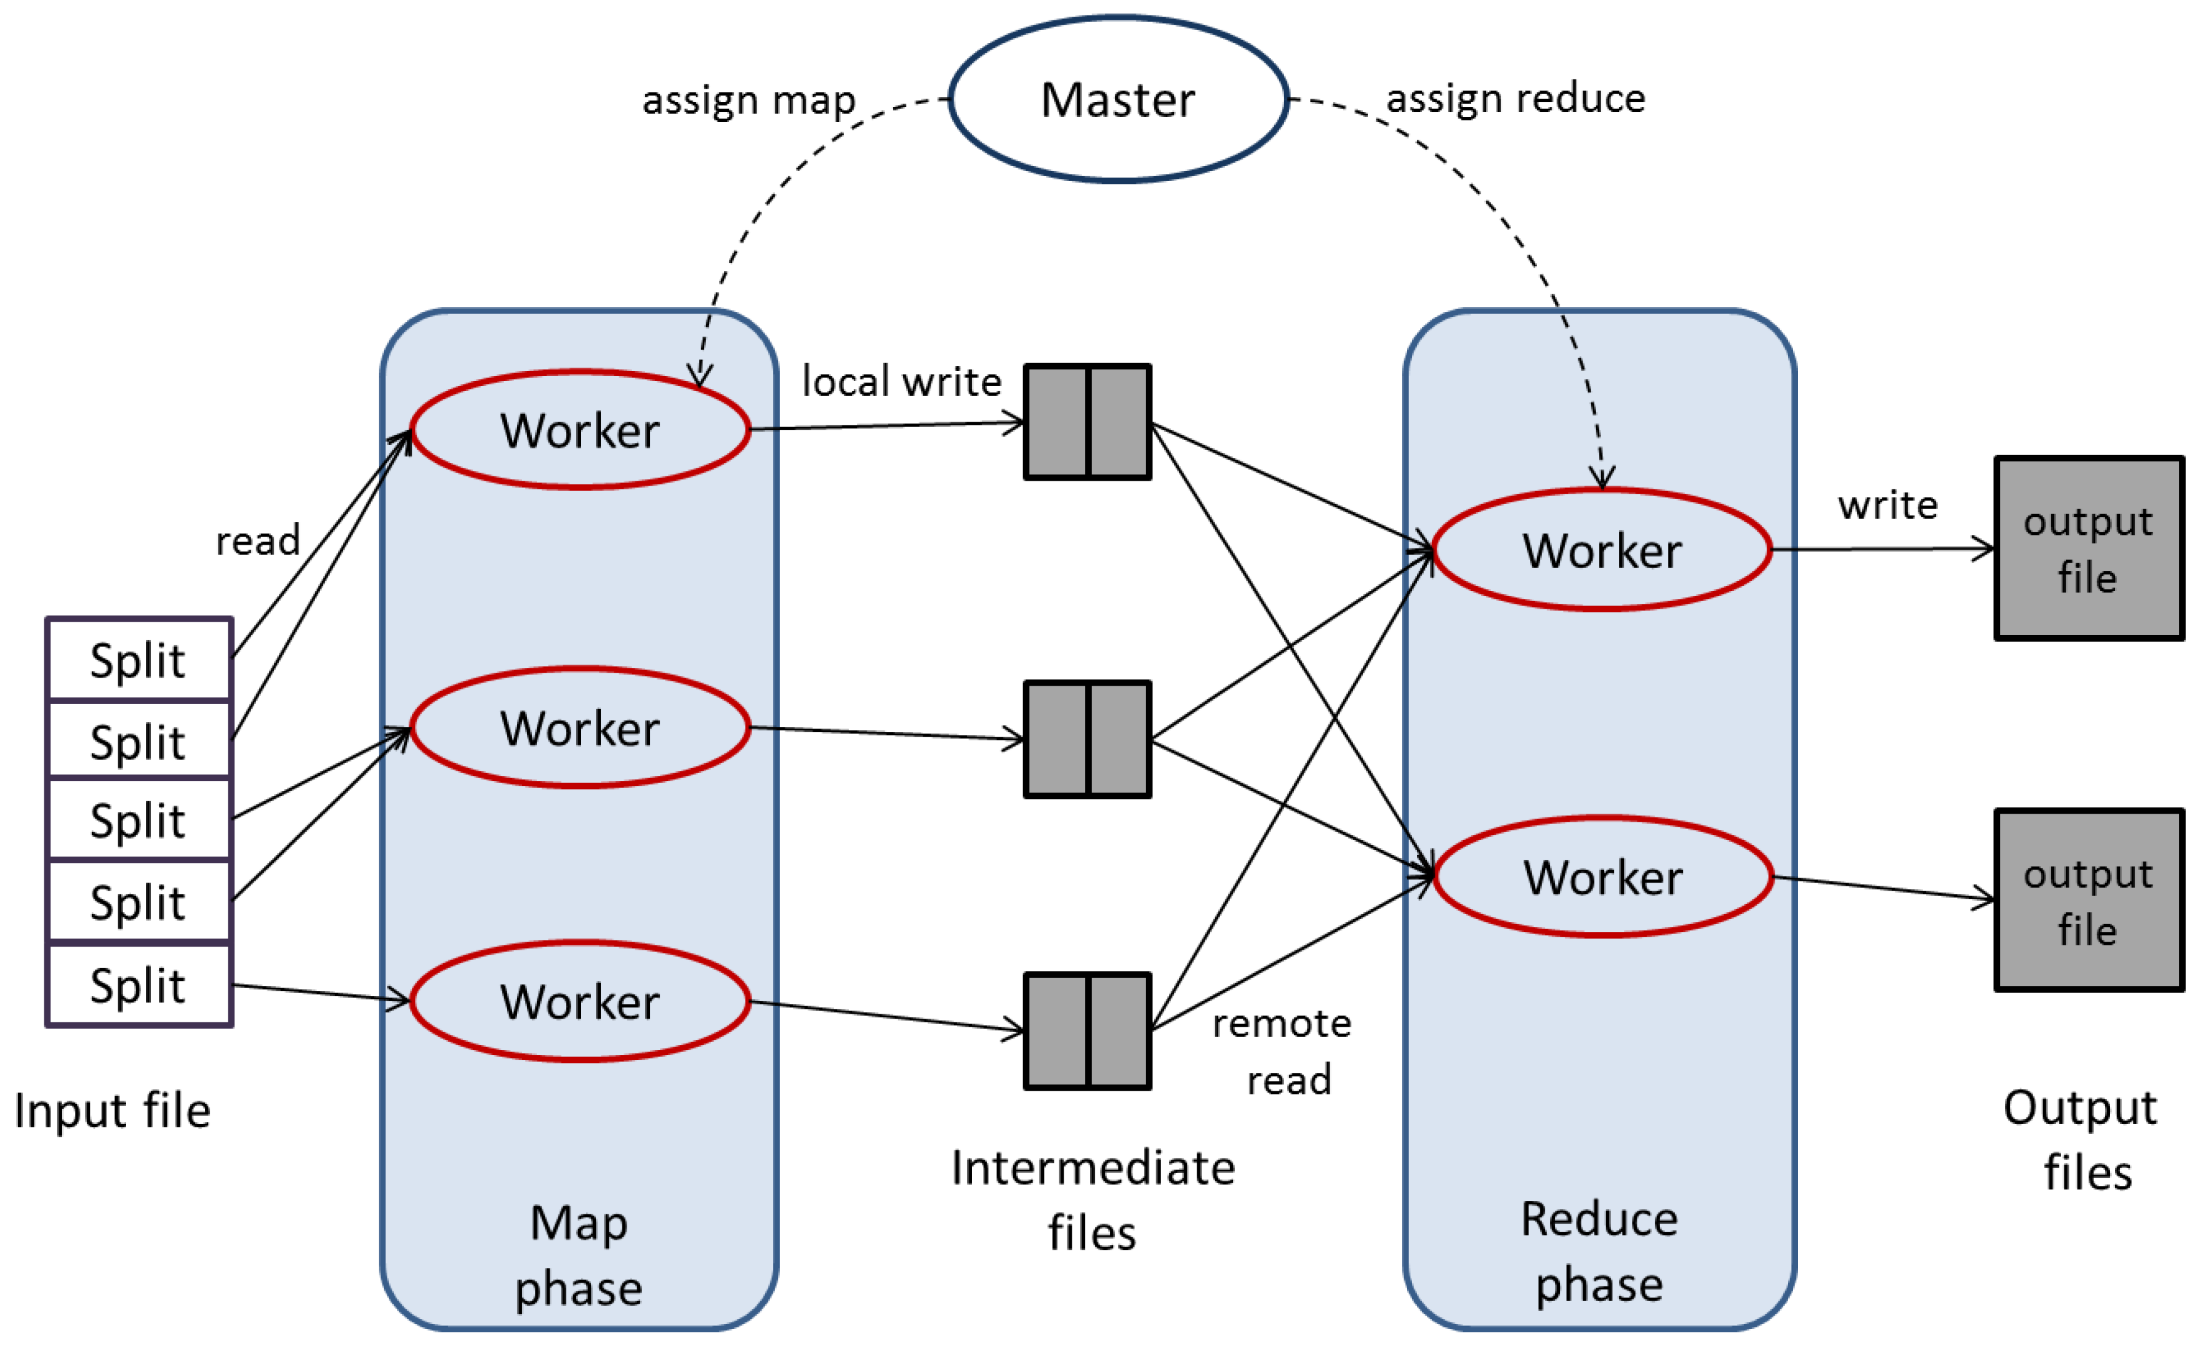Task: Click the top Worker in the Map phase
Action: click(x=579, y=430)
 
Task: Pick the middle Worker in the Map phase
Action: click(x=579, y=728)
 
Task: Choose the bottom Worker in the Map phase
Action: click(x=579, y=1001)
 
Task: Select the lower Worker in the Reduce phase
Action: click(x=1602, y=876)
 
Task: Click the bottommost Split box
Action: click(x=139, y=985)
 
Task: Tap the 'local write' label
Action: click(x=901, y=382)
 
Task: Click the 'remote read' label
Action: click(x=1282, y=1051)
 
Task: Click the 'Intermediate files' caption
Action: click(x=1092, y=1199)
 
